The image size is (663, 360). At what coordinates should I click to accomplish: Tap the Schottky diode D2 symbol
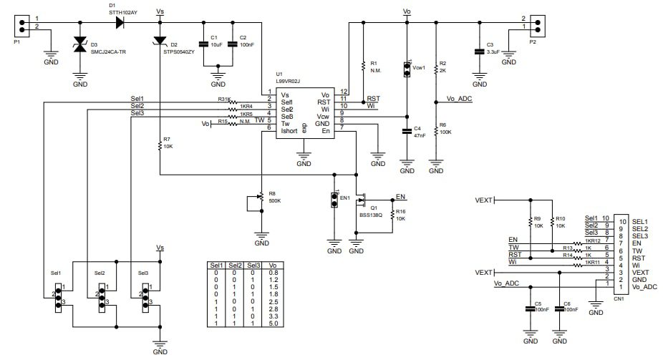coord(160,45)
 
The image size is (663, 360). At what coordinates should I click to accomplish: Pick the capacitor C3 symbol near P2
coord(479,52)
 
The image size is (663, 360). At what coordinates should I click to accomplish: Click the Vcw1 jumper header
coord(407,69)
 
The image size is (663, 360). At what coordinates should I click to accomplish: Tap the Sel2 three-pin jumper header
coord(101,295)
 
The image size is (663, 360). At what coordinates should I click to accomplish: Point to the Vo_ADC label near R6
coord(459,99)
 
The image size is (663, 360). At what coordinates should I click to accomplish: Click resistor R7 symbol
coord(160,146)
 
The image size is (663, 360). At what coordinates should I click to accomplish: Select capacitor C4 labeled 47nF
coord(407,131)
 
